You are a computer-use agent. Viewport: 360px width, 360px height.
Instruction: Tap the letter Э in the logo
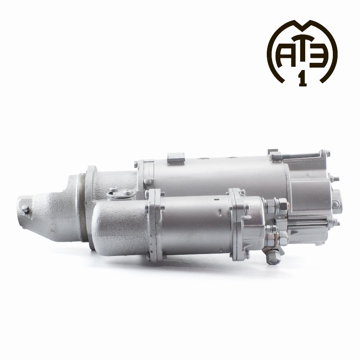point(318,57)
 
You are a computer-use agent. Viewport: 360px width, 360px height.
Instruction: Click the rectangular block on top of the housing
point(176,158)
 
